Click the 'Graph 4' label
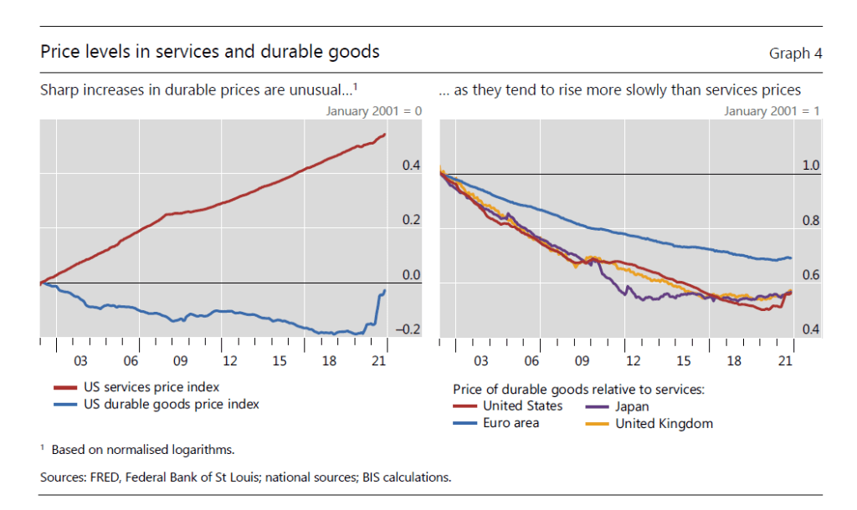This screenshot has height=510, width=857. click(795, 54)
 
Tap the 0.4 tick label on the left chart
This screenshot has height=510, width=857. click(411, 166)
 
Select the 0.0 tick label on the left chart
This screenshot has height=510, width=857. click(411, 275)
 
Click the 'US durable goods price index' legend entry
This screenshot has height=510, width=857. click(172, 405)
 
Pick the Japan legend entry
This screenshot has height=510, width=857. click(633, 406)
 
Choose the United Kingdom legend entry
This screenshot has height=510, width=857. click(664, 423)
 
